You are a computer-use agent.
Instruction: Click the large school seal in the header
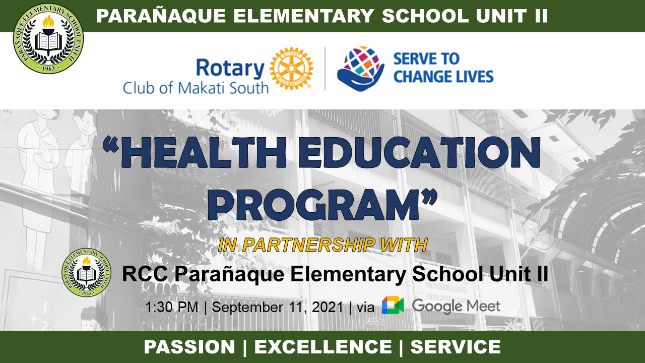(48, 38)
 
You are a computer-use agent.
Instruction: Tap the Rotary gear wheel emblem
(291, 69)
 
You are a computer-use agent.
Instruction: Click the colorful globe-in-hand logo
(360, 69)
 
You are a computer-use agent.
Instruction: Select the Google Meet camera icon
(393, 305)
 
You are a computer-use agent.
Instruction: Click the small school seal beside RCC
(86, 273)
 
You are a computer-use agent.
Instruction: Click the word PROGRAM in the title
(313, 205)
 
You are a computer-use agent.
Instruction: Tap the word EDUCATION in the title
(419, 152)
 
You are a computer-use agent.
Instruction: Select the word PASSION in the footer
(189, 346)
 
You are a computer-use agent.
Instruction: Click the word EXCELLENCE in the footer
(323, 346)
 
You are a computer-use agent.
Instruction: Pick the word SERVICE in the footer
(456, 346)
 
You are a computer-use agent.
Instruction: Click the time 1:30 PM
(172, 307)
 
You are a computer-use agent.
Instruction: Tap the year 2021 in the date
(328, 307)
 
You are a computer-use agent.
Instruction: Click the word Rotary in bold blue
(230, 68)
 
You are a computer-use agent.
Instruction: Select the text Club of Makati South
(196, 88)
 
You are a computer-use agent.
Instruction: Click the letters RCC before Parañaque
(145, 274)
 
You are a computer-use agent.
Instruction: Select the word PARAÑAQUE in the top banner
(161, 16)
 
